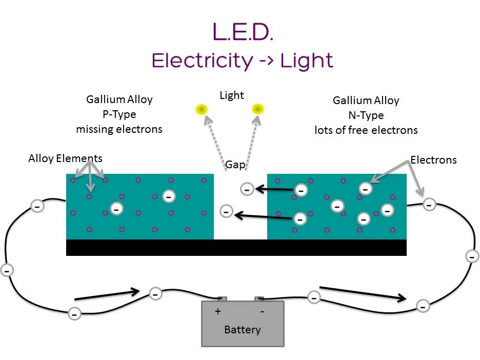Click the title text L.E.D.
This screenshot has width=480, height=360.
[x=243, y=32]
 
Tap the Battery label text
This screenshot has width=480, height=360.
[x=242, y=329]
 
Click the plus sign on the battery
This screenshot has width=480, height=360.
[x=218, y=311]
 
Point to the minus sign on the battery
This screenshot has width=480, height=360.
[x=262, y=311]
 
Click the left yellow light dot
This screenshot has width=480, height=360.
[x=201, y=109]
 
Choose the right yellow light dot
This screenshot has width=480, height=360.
[x=257, y=109]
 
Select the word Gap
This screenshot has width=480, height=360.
[x=235, y=165]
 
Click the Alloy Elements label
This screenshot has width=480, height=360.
[x=65, y=158]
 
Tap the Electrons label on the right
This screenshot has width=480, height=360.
[x=433, y=160]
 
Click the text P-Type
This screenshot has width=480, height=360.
[x=119, y=114]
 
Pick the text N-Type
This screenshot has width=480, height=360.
[x=366, y=115]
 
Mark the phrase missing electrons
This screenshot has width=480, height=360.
[x=119, y=129]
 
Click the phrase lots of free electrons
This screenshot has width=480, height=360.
[x=366, y=130]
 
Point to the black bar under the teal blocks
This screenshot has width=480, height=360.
[x=236, y=247]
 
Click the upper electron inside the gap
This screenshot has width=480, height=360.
[x=247, y=189]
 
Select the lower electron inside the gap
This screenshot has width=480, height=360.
[x=226, y=211]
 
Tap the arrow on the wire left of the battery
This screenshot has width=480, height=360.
[x=108, y=294]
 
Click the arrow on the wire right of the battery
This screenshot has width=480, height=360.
[x=363, y=293]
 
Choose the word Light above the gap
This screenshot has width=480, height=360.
[x=232, y=95]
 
